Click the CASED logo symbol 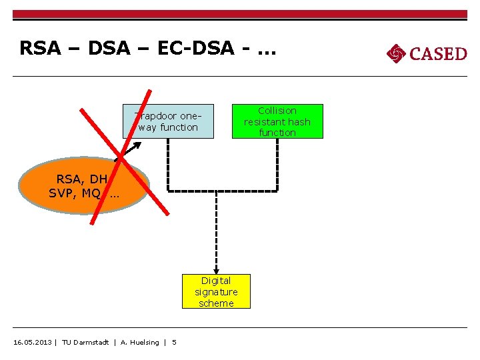tap(396, 53)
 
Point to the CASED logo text tap(438, 53)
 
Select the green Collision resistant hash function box tap(277, 121)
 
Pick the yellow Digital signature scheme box tap(216, 292)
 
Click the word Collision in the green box tap(277, 111)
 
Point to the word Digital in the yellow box tap(216, 281)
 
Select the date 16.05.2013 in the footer tap(33, 342)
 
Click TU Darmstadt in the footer tap(85, 342)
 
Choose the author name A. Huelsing tap(139, 342)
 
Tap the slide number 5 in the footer tap(175, 342)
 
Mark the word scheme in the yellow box tap(216, 303)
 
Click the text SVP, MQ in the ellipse tap(75, 193)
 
